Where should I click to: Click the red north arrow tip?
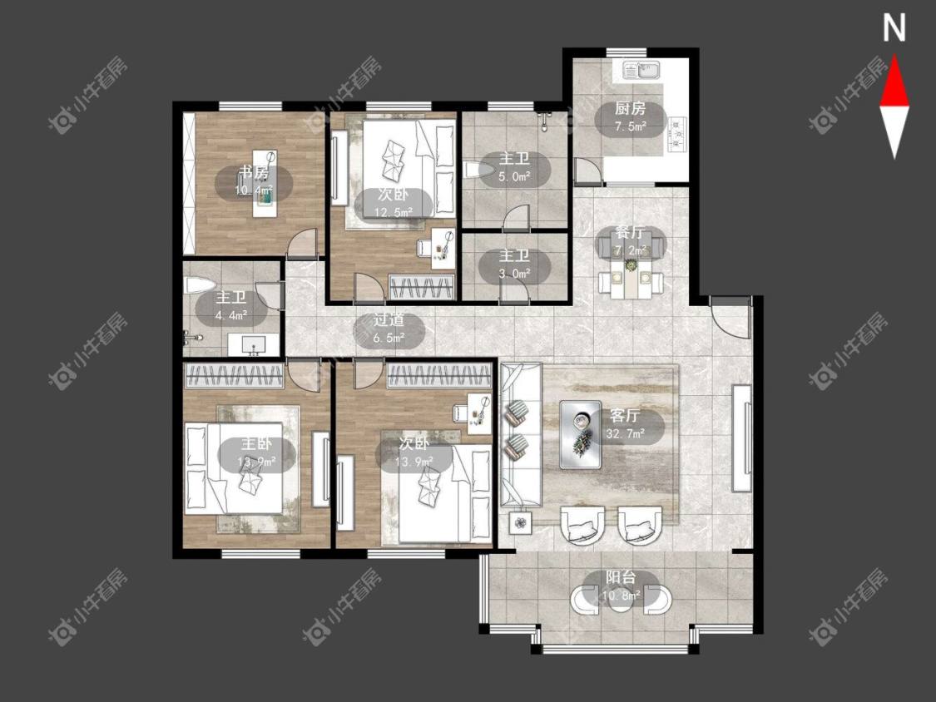[x=894, y=57]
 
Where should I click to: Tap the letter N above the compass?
[x=894, y=28]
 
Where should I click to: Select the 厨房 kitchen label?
[x=631, y=109]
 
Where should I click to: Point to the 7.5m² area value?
[x=631, y=126]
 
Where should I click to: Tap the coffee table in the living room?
[x=581, y=433]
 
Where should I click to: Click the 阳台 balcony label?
[x=621, y=577]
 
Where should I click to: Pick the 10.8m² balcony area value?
[x=622, y=596]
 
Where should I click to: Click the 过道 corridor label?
[x=389, y=320]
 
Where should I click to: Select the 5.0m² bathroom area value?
[x=514, y=176]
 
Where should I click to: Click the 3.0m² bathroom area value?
[x=514, y=274]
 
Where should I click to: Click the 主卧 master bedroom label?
[x=257, y=443]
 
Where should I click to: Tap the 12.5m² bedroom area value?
[x=394, y=212]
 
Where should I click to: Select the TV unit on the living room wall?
[x=742, y=438]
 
